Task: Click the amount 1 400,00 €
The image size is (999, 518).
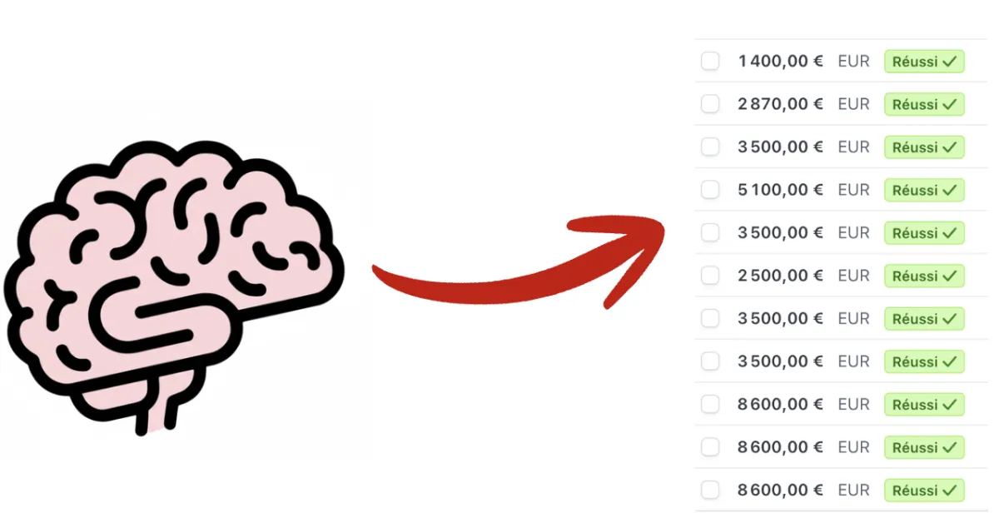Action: [780, 62]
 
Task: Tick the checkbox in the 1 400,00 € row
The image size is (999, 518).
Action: [710, 62]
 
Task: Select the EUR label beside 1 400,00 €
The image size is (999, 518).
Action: [853, 62]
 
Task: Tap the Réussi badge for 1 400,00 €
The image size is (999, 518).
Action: [923, 62]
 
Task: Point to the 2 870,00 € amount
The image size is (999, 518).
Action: [780, 104]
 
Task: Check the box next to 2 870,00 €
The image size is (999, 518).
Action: [710, 104]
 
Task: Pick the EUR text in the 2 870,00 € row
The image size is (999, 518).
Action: [853, 104]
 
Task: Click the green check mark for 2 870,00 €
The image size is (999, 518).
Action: [949, 105]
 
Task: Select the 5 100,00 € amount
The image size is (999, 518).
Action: [780, 190]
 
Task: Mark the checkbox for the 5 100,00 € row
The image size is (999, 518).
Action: [710, 190]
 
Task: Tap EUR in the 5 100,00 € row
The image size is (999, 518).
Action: [853, 190]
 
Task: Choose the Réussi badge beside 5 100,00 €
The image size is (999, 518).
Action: [923, 191]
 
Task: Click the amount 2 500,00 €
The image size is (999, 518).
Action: [780, 276]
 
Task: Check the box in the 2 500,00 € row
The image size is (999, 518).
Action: [710, 276]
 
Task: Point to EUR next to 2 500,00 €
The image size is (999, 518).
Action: [853, 276]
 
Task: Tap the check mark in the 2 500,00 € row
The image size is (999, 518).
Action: [949, 276]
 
